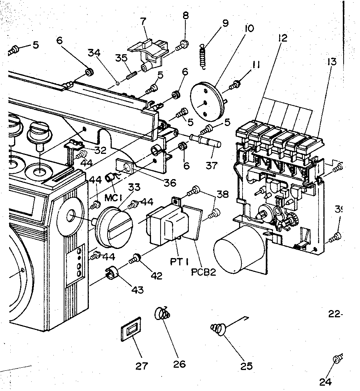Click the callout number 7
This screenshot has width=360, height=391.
tap(143, 21)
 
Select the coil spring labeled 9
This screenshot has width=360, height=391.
tap(204, 57)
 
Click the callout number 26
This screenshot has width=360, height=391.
tap(179, 364)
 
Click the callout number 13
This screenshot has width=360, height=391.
tap(331, 61)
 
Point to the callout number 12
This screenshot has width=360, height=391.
tap(283, 38)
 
